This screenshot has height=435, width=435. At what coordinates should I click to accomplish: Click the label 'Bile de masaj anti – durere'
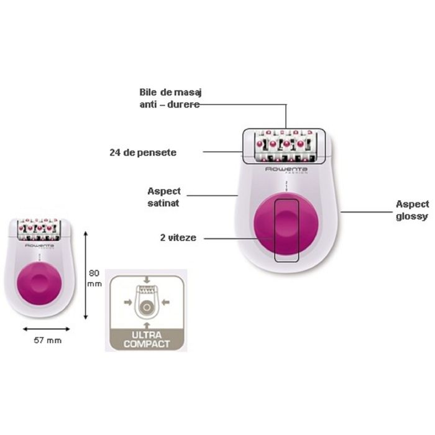coord(170,98)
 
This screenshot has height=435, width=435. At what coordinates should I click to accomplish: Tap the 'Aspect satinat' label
coord(164,196)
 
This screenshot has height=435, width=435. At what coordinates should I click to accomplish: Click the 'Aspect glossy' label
coord(412,209)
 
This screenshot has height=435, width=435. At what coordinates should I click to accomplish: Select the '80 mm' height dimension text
coord(94,278)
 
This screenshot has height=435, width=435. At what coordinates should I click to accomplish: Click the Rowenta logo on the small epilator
coord(39,246)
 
